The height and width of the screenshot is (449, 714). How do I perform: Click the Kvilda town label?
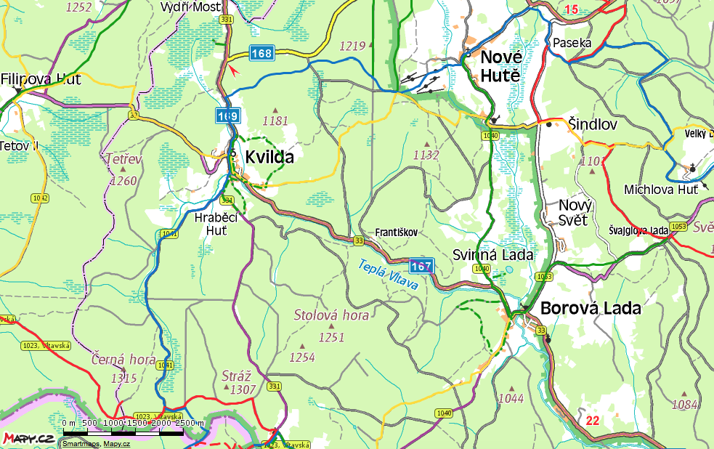tap(269, 156)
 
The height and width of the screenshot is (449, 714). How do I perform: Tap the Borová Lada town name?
tap(591, 308)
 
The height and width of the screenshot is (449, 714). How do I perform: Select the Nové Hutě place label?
tap(500, 65)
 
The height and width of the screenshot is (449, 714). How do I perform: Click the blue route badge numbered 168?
tap(262, 53)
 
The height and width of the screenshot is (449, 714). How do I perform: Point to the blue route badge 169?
tap(227, 116)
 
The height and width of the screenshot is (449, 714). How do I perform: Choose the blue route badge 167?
tap(421, 266)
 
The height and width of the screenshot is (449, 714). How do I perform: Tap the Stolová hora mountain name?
tap(331, 315)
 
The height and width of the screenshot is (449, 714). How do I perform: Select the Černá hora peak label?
tap(123, 359)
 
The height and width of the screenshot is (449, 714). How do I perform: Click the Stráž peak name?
tap(235, 376)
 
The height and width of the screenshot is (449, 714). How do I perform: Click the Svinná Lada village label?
tap(492, 255)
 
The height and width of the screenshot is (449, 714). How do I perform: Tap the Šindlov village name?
tap(592, 125)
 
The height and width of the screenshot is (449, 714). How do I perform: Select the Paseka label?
tap(572, 43)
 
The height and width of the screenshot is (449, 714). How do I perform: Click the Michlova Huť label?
tap(661, 190)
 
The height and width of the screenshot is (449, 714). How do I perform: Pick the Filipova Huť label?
tap(41, 79)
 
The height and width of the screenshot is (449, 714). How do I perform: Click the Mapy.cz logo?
tap(28, 438)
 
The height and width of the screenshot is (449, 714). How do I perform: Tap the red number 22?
tap(592, 420)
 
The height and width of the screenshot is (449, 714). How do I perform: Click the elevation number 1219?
tap(352, 46)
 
